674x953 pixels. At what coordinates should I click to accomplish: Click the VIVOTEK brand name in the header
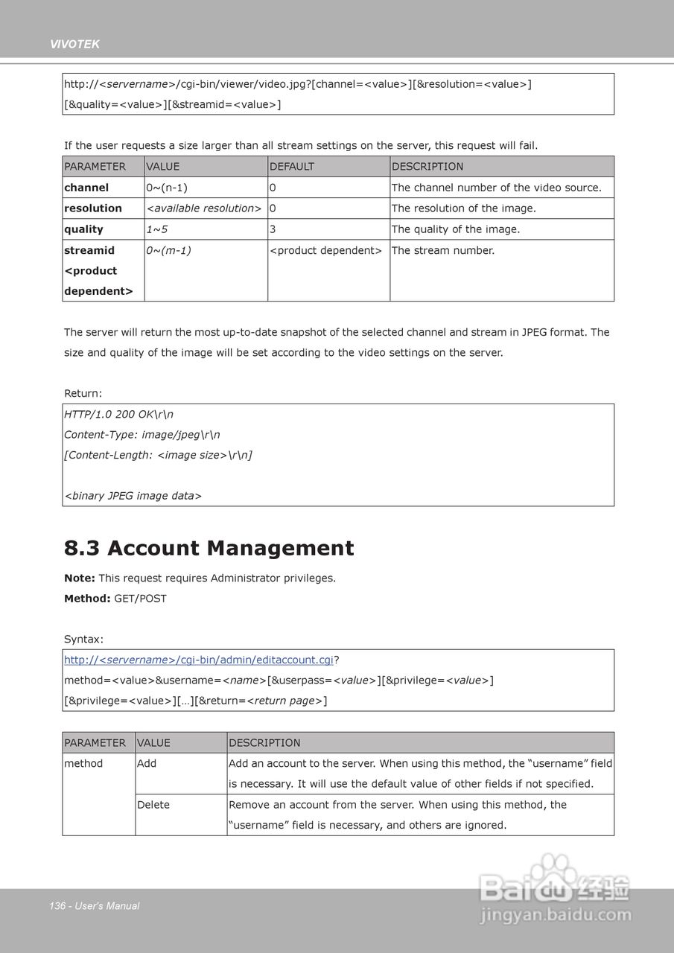click(x=74, y=45)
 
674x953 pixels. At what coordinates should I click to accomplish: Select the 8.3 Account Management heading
click(x=209, y=549)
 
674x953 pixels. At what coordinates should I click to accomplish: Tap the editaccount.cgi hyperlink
click(x=198, y=660)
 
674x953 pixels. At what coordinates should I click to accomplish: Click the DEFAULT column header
click(x=292, y=167)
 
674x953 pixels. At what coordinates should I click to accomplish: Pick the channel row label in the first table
click(x=86, y=188)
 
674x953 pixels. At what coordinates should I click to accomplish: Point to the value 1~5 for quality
click(x=156, y=229)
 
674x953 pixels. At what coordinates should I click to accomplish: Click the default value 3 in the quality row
click(x=273, y=229)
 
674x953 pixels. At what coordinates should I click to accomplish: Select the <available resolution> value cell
click(x=203, y=208)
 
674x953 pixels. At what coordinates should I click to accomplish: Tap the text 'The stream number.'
click(x=442, y=250)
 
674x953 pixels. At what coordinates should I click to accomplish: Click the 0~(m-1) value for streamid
click(x=168, y=250)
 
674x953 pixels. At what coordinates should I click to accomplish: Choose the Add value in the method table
click(x=147, y=763)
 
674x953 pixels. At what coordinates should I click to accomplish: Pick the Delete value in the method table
click(x=153, y=805)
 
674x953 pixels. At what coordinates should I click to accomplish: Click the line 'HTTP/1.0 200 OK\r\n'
click(x=118, y=414)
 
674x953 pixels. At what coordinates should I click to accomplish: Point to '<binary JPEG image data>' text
click(x=133, y=495)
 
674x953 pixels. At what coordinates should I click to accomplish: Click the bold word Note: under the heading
click(x=79, y=578)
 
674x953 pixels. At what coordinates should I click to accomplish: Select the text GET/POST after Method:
click(x=140, y=599)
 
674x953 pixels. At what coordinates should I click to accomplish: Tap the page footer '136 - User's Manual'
click(x=95, y=906)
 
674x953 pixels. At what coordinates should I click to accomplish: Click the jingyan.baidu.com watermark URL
click(x=556, y=916)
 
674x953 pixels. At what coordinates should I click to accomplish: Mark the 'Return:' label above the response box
click(x=83, y=393)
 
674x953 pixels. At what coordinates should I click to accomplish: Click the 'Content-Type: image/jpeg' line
click(x=142, y=434)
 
